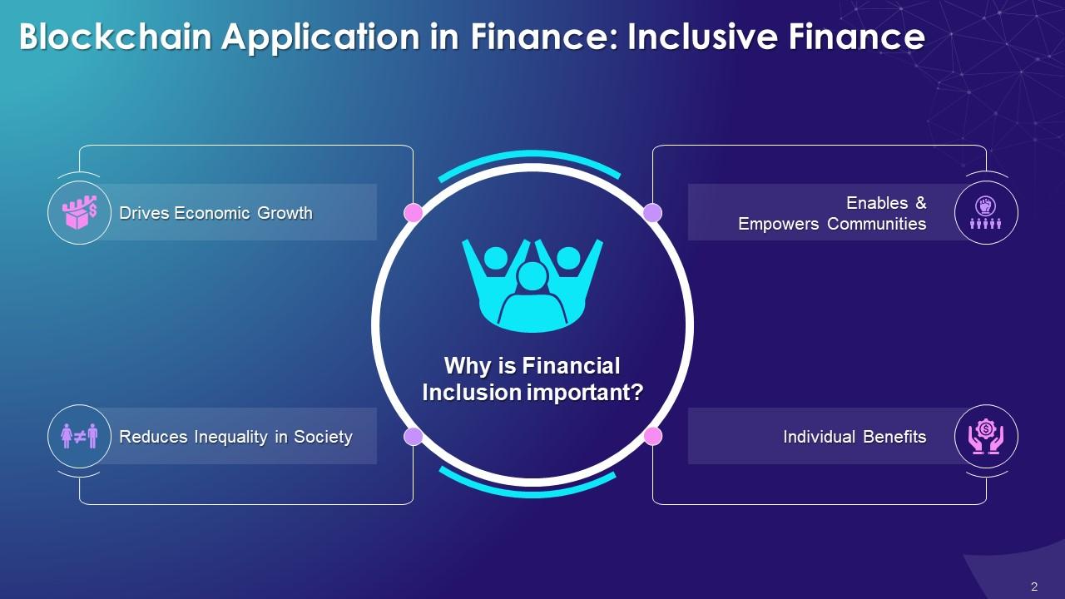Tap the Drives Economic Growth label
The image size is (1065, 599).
click(x=215, y=213)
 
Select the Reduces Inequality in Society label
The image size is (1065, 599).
click(x=235, y=437)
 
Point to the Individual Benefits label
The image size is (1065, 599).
click(x=854, y=437)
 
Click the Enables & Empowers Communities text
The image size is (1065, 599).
click(x=832, y=213)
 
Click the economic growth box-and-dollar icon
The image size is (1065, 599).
click(x=80, y=212)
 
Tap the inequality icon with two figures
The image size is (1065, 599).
click(x=80, y=436)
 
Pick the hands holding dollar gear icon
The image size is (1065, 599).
click(x=986, y=436)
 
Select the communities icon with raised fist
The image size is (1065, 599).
click(x=986, y=212)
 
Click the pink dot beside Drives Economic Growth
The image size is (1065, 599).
click(x=414, y=213)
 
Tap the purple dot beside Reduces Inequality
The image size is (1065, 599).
click(x=414, y=436)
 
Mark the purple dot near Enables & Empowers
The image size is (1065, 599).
click(x=653, y=213)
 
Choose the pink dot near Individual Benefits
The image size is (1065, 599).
click(x=653, y=436)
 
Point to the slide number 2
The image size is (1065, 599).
click(x=1034, y=587)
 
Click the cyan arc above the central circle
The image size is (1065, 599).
click(x=529, y=156)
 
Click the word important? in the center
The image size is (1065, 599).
click(x=587, y=392)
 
